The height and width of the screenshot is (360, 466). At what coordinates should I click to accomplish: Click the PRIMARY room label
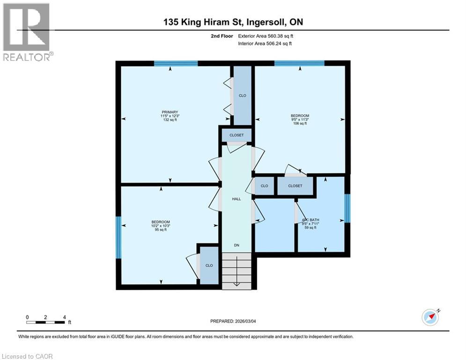[170, 116]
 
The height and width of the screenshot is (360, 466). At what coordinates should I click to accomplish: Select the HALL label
[237, 199]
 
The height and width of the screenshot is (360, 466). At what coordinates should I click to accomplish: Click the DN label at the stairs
[237, 245]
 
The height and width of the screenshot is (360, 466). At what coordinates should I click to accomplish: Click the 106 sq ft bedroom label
[300, 120]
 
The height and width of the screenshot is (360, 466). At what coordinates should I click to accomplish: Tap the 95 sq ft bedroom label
[160, 226]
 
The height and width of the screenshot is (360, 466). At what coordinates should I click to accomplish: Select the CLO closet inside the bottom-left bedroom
[209, 265]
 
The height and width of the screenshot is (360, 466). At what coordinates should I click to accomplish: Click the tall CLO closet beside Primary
[243, 96]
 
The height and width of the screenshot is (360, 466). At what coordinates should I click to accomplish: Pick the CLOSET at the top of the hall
[237, 135]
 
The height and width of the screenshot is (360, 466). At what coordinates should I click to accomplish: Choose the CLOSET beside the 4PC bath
[295, 186]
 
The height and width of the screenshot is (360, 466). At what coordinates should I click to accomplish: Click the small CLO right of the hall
[264, 186]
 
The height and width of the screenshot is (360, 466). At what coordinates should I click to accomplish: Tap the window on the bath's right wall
[347, 208]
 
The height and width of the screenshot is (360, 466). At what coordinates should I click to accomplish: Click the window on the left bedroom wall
[118, 237]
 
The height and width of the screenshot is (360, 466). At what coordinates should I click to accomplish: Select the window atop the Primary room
[176, 63]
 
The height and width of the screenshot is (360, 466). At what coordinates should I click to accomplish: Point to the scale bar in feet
[45, 322]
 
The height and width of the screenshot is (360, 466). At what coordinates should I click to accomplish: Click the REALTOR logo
[27, 32]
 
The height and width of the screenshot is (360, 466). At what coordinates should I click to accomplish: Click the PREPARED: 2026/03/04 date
[233, 321]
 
